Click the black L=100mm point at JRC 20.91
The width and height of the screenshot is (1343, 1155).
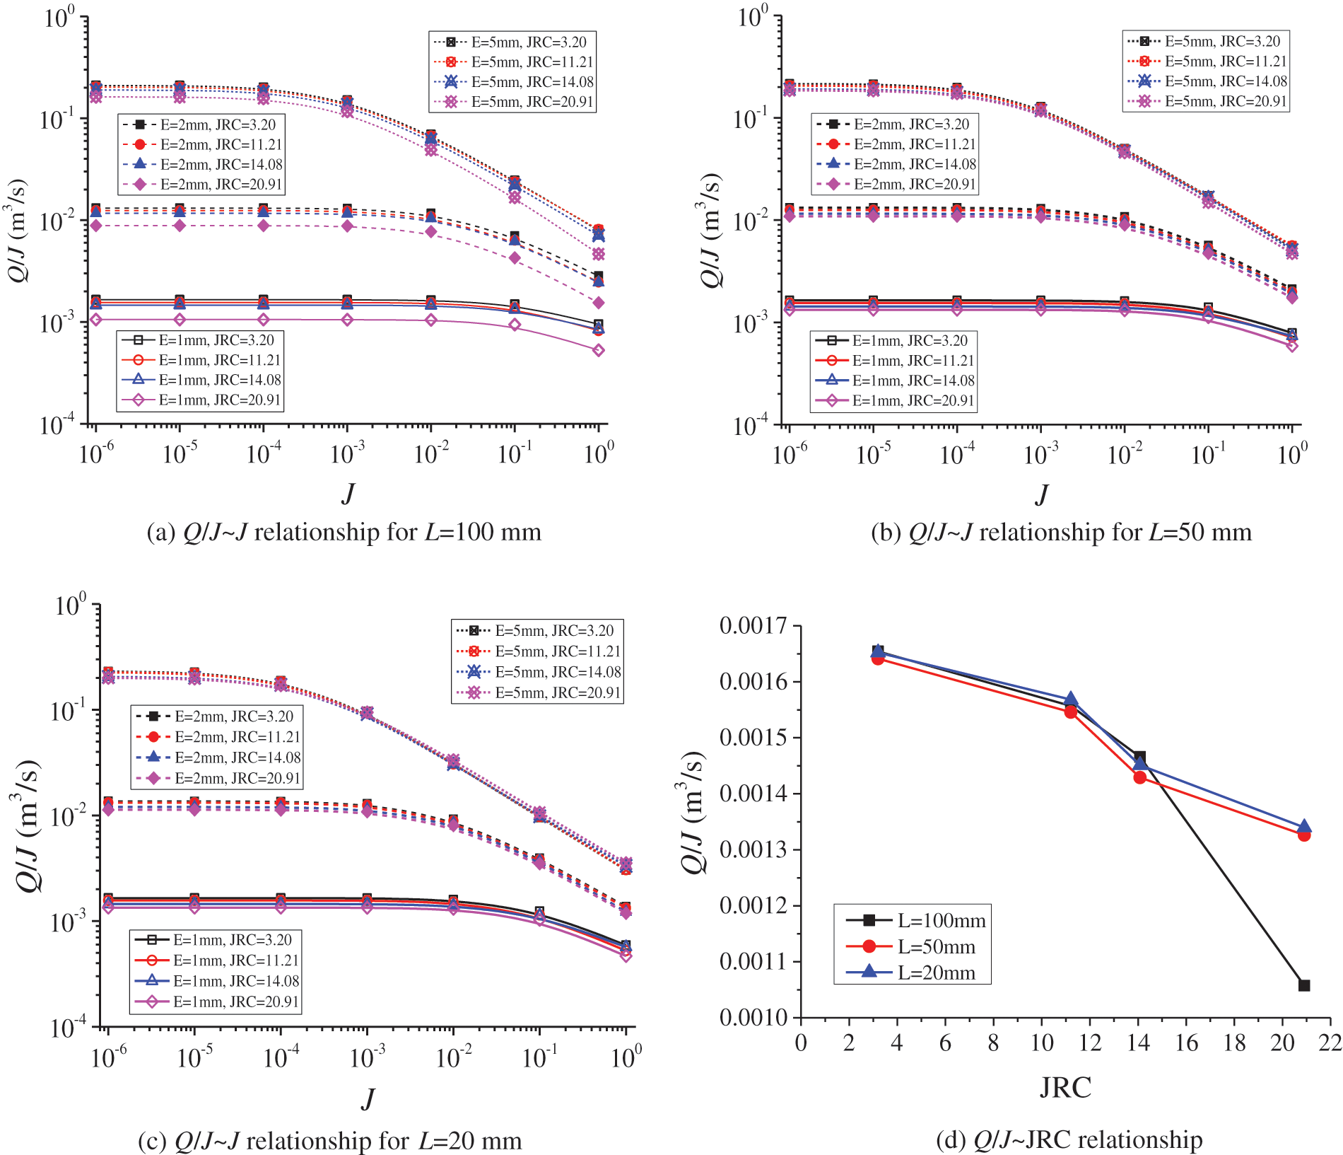pyautogui.click(x=1304, y=985)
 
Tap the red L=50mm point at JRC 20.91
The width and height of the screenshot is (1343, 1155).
pyautogui.click(x=1304, y=835)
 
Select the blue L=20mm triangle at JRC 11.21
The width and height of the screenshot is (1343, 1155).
pyautogui.click(x=1071, y=700)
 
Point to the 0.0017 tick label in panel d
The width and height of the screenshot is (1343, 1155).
pyautogui.click(x=753, y=626)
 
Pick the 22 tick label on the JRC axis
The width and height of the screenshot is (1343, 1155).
pyautogui.click(x=1330, y=1043)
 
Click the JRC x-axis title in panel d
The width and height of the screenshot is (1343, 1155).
pyautogui.click(x=1065, y=1087)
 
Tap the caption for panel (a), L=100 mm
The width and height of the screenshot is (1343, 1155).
pyautogui.click(x=344, y=532)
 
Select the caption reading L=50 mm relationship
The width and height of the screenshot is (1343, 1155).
pyautogui.click(x=1061, y=532)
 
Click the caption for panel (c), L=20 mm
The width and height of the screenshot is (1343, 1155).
pyautogui.click(x=330, y=1140)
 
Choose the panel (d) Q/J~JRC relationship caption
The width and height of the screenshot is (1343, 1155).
pyautogui.click(x=1069, y=1139)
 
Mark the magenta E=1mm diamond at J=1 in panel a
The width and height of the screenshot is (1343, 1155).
pyautogui.click(x=599, y=350)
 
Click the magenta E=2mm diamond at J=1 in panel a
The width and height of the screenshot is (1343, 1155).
pyautogui.click(x=599, y=303)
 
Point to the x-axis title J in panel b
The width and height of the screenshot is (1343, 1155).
pyautogui.click(x=1041, y=494)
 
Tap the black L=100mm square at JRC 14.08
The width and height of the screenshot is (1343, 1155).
pyautogui.click(x=1139, y=757)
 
